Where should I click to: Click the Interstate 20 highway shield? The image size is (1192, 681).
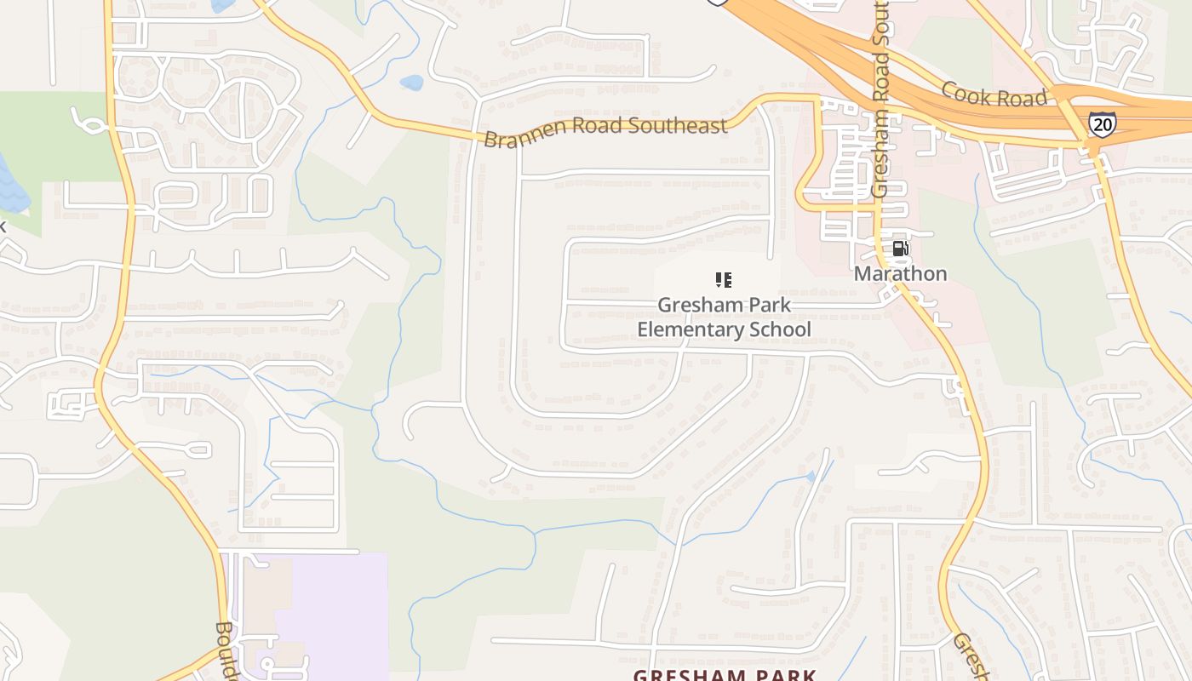click(1102, 124)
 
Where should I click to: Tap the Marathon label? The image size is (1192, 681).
click(900, 273)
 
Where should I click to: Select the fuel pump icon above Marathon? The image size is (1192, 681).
click(900, 249)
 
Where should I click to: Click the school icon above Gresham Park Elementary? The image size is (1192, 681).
click(723, 279)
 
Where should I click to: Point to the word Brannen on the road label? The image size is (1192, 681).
click(519, 136)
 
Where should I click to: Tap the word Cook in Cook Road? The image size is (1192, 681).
click(967, 92)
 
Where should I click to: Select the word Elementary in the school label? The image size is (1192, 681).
click(689, 329)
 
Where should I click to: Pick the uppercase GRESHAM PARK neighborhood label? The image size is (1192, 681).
click(725, 675)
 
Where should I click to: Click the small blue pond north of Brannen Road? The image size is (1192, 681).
click(411, 83)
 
